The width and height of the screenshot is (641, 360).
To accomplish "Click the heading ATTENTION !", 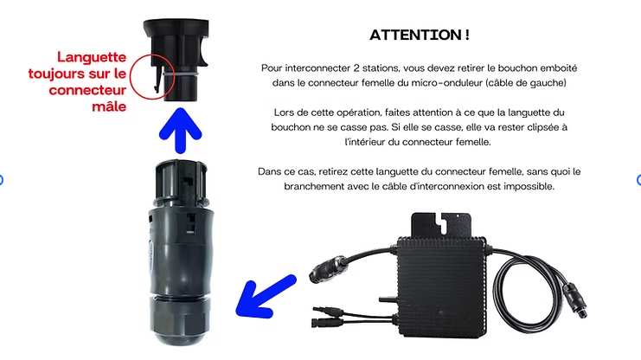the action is [420, 35].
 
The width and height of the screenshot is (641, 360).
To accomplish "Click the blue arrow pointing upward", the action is [180, 131].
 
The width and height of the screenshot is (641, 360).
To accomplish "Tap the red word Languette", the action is [92, 57].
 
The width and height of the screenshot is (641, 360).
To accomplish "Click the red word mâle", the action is [109, 106].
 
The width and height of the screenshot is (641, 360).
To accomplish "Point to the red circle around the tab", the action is [131, 76].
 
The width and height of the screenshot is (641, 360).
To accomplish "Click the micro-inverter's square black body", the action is [441, 286].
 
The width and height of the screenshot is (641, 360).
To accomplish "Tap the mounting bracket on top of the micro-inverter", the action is [441, 224].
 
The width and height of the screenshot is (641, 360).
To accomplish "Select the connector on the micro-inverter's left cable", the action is [328, 269].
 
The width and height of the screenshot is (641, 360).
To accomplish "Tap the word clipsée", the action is [541, 127].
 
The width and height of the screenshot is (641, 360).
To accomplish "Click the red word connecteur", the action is [87, 90].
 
